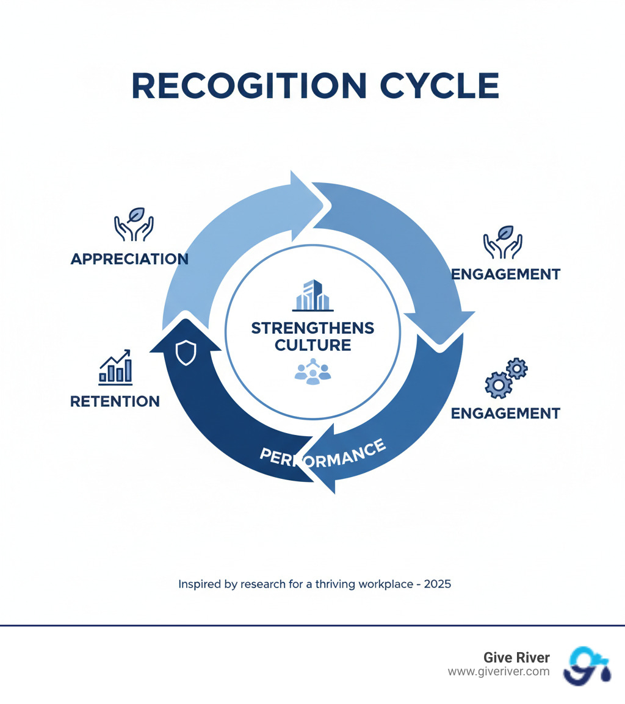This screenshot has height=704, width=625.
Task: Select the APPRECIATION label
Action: pyautogui.click(x=129, y=259)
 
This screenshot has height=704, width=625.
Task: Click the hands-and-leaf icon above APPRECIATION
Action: pyautogui.click(x=134, y=225)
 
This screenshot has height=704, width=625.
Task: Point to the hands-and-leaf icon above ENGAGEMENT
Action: pyautogui.click(x=503, y=241)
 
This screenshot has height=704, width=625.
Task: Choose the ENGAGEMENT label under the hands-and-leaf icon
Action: pyautogui.click(x=505, y=274)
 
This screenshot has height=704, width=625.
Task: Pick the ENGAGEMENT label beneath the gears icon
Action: pyautogui.click(x=505, y=413)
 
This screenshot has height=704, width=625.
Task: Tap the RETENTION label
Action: pyautogui.click(x=115, y=401)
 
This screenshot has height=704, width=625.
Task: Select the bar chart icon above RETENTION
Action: pyautogui.click(x=116, y=367)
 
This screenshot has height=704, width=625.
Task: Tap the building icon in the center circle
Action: pyautogui.click(x=312, y=295)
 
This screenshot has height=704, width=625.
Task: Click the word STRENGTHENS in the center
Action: pyautogui.click(x=312, y=328)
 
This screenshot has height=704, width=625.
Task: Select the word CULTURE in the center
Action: pyautogui.click(x=312, y=345)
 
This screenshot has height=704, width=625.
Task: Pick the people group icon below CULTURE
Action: pyautogui.click(x=312, y=372)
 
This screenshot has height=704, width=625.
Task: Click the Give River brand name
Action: pyautogui.click(x=516, y=658)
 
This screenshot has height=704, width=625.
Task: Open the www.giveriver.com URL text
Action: pyautogui.click(x=499, y=672)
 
